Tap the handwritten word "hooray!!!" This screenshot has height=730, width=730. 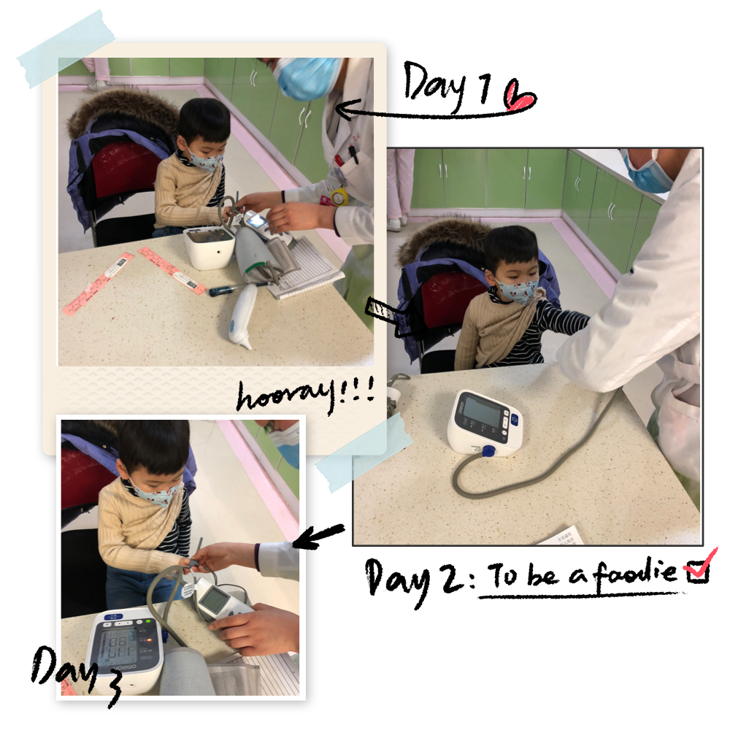[x=305, y=396]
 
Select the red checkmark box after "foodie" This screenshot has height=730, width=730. [x=698, y=569]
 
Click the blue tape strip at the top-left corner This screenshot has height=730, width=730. [x=66, y=48]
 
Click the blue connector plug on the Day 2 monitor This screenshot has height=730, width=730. [x=488, y=450]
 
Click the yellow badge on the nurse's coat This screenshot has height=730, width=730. [x=339, y=197]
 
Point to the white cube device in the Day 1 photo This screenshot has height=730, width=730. [x=209, y=246]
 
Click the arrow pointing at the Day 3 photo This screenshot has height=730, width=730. [x=319, y=536]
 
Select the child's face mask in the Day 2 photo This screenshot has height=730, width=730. [x=518, y=288]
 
